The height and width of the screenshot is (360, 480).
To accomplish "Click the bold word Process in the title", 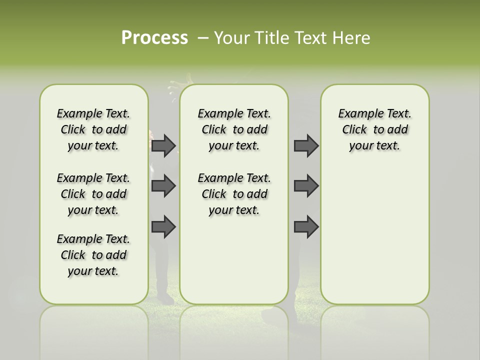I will coord(154,38).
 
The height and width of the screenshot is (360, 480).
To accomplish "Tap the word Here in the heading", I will coord(352,38).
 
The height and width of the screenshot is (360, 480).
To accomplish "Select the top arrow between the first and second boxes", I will coord(163,145).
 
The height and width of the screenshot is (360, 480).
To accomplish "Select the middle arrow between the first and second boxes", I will coord(163,186).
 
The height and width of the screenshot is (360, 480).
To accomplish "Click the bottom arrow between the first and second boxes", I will coord(163,227).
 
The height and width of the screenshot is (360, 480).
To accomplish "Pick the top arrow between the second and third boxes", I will coord(306,145).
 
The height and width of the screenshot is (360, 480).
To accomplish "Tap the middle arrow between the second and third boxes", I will coord(306,186).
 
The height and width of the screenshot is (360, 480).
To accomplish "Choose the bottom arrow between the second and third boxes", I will coord(306,227).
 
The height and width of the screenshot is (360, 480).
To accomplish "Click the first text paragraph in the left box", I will coord(93,129).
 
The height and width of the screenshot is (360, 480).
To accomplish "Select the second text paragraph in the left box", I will coord(93,194).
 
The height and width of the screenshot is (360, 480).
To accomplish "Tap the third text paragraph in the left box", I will coord(93,255).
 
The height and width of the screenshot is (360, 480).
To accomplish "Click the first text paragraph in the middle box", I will coord(234,129).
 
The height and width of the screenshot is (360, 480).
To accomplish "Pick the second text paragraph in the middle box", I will coord(234,194).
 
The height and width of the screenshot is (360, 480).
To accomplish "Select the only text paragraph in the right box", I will coord(374,129).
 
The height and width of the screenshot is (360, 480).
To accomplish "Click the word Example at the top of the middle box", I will coord(217,113).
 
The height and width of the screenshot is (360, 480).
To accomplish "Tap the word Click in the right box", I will coord(354,129).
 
